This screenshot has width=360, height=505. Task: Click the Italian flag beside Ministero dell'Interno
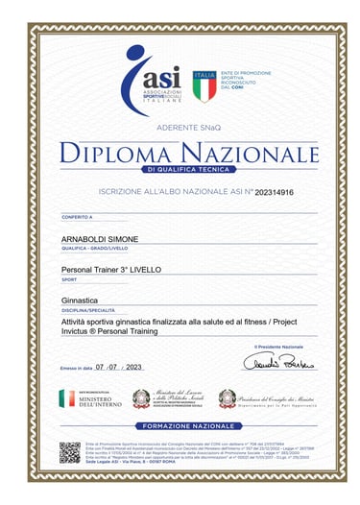point(65,397)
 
